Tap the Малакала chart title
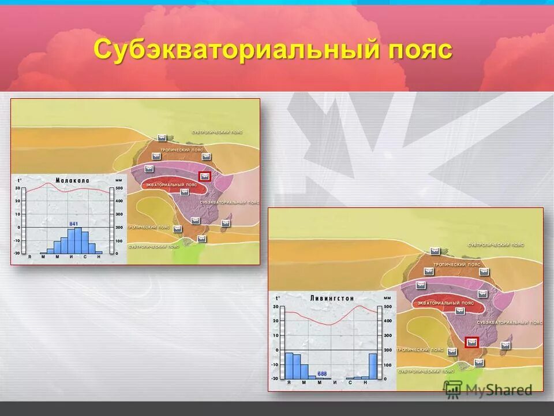click(72, 181)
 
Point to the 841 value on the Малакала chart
click(73, 224)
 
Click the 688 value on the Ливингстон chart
click(321, 373)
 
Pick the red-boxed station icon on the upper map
click(204, 176)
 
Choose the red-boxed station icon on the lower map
click(472, 341)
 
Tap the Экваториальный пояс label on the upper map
click(174, 184)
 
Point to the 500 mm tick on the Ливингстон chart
click(387, 306)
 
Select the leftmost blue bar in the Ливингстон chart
click(290, 365)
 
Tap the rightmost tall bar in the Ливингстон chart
click(373, 366)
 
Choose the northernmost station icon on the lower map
click(436, 251)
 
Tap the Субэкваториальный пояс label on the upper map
click(230, 203)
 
